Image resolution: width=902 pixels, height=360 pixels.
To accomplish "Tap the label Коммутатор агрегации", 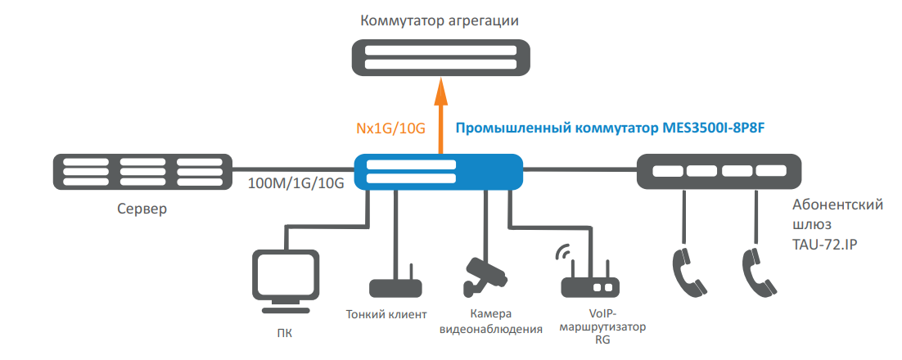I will [440, 19].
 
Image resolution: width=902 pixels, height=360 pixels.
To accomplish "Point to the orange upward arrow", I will [440, 115].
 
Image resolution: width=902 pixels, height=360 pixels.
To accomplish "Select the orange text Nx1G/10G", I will [390, 128].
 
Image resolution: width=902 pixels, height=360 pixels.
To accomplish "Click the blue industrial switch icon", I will [439, 172].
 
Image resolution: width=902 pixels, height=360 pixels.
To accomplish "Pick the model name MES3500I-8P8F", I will [718, 128].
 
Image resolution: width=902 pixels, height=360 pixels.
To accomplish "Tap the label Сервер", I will [142, 209].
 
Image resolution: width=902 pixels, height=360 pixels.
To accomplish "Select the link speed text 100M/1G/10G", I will [295, 182].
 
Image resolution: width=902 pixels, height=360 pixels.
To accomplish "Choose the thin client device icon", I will [395, 286].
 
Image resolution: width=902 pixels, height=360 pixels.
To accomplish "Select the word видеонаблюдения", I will [491, 329].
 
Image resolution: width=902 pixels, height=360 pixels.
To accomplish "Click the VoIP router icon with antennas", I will [589, 278].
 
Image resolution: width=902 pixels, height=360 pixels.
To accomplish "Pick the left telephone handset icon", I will [687, 269].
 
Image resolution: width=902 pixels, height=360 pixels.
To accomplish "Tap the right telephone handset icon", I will [757, 269].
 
